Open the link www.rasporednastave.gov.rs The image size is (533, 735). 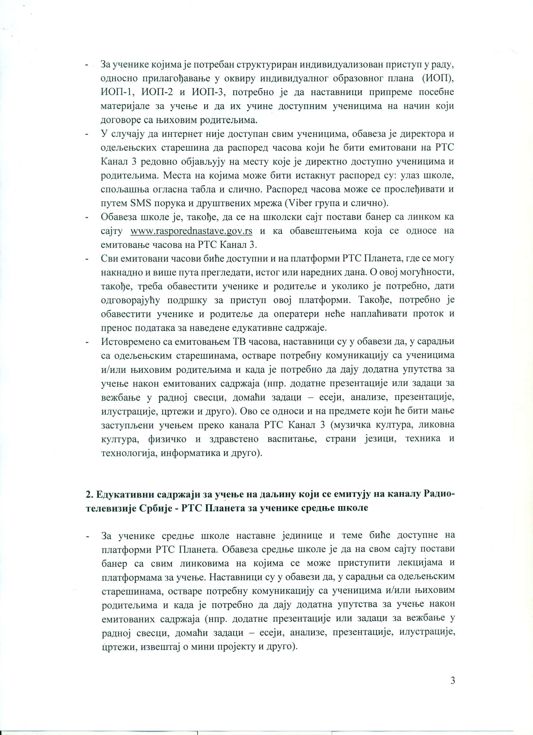(x=191, y=231)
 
